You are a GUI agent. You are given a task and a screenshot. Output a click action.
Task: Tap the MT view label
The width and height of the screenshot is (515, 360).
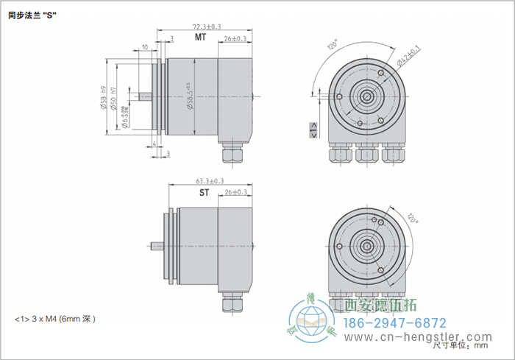coord(199,37)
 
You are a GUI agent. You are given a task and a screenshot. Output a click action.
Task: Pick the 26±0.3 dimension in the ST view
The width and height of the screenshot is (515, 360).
coord(235,192)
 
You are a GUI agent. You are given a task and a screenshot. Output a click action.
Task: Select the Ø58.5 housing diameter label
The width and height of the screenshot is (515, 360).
coord(191,96)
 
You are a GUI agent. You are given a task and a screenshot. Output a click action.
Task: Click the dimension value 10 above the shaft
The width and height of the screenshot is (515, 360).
coord(145,46)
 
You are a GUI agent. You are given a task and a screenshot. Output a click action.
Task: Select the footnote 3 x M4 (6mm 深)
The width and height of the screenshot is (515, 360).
coord(55,320)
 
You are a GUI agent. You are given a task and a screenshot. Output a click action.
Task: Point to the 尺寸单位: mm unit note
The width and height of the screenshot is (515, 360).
coord(461,345)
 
